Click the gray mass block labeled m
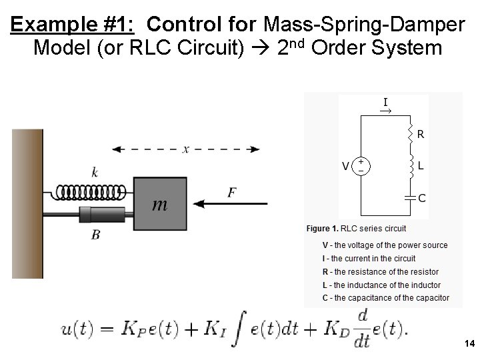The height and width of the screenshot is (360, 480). pos(161,204)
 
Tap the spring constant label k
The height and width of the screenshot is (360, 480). pos(95,173)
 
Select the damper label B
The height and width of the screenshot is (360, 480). pos(96,234)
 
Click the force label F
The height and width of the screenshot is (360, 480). pos(231,193)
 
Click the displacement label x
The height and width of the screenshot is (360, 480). pos(185,149)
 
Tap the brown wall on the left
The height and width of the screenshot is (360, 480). pos(27,203)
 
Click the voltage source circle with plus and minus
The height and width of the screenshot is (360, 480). pos(361,165)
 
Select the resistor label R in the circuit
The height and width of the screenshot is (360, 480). pos(421,134)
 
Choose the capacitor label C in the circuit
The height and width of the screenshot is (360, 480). pos(422,197)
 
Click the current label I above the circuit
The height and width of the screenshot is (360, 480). pos(385,102)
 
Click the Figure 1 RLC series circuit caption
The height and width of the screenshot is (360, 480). pos(356,228)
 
